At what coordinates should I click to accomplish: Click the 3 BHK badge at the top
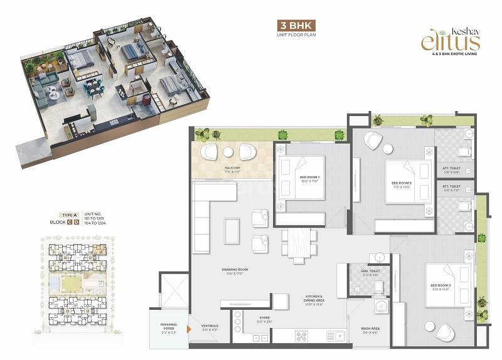(295, 26)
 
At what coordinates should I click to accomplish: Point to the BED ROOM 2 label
(400, 184)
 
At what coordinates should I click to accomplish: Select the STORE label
(264, 319)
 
